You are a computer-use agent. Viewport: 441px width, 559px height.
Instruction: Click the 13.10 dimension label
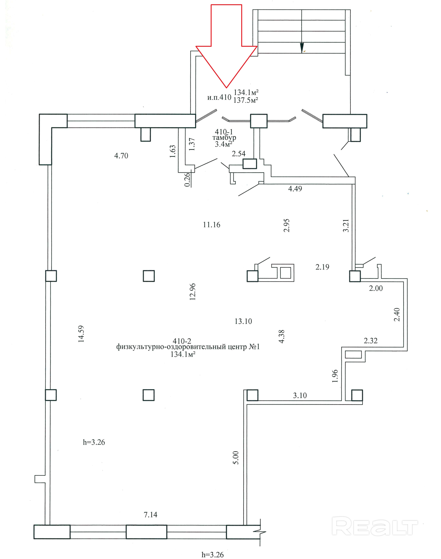coord(243,321)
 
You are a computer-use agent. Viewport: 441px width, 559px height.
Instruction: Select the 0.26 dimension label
coord(187,180)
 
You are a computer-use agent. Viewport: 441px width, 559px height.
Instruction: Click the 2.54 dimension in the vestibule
coord(239,154)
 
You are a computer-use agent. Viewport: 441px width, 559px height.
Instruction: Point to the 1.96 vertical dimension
coord(335,376)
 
